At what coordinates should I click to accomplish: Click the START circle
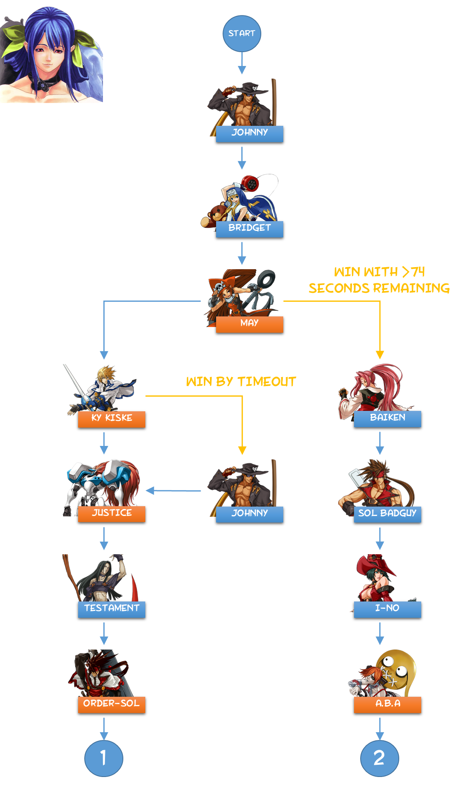(242, 33)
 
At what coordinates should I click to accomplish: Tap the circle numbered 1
(104, 758)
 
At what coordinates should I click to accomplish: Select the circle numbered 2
(379, 758)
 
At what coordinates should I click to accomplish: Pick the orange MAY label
(249, 324)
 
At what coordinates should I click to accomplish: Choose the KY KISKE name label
(112, 419)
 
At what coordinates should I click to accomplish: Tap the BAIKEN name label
(387, 418)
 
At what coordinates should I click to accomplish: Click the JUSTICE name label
(112, 514)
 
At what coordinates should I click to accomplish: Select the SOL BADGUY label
(387, 514)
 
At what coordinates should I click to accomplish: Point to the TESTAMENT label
(112, 609)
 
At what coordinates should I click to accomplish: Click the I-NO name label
(387, 609)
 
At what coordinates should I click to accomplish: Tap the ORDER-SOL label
(112, 704)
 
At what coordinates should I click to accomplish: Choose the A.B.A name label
(387, 704)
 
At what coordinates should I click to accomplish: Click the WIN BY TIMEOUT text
(241, 382)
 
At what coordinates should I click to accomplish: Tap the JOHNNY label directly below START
(249, 133)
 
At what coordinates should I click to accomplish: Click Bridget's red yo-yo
(250, 184)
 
